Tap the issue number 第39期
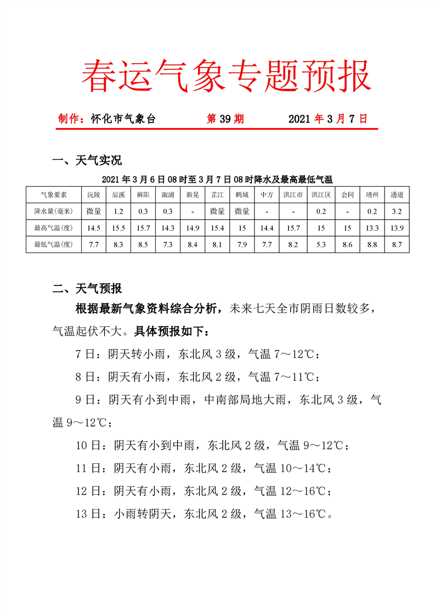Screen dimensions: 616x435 coord(225,119)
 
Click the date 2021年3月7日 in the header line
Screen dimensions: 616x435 coord(327,119)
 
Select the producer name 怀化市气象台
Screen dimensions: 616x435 coord(123,119)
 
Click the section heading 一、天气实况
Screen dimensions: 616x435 coord(86,160)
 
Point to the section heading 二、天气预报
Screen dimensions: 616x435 coord(86,288)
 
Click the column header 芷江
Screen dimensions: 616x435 coord(217,194)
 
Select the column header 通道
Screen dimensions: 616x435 coord(397,194)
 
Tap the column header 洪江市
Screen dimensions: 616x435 coord(292,194)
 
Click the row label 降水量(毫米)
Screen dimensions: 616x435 coord(53,211)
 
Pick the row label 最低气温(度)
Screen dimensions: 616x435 coord(53,244)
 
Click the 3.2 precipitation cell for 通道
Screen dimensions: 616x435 coord(397,211)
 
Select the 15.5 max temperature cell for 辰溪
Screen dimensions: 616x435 coord(118,228)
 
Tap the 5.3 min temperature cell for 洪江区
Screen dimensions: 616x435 coord(321,244)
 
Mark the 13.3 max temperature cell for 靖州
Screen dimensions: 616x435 coord(372,228)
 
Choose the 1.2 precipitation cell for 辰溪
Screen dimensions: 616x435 coord(118,211)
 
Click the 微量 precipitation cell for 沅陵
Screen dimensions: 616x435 coord(94,211)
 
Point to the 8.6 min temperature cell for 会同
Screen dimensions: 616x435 coord(347,244)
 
